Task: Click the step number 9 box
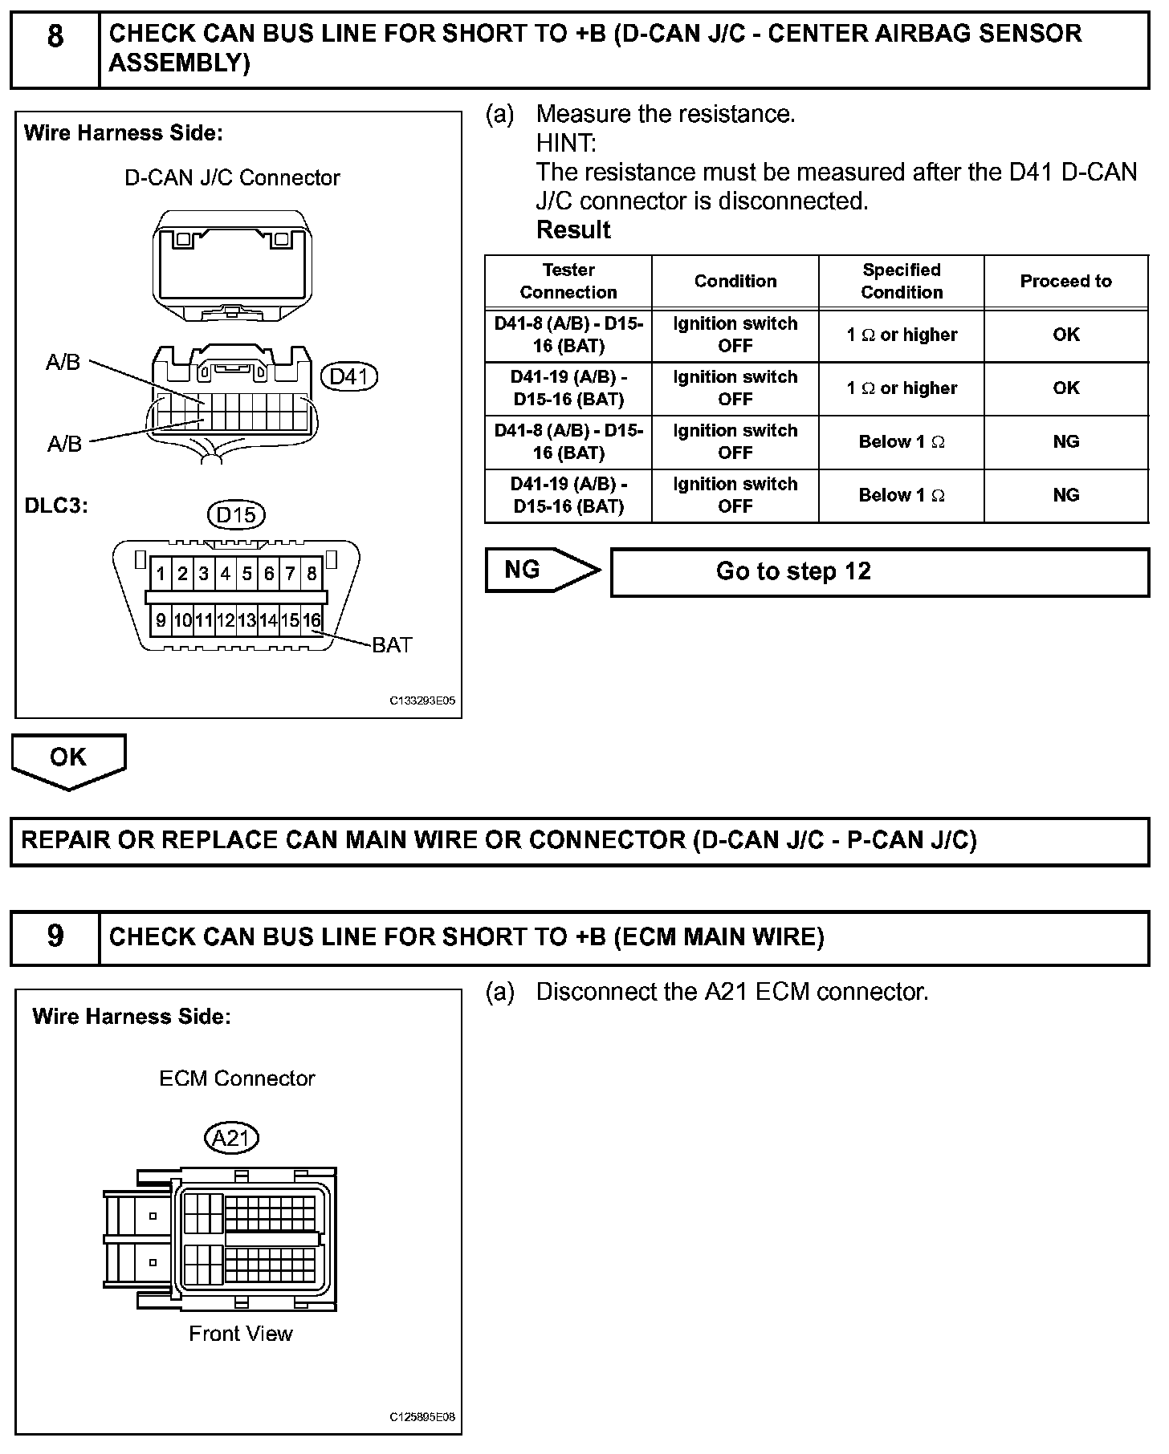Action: click(x=55, y=936)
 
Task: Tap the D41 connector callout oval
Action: click(x=348, y=376)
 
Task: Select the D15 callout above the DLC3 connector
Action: click(x=236, y=514)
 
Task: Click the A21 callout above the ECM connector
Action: click(x=232, y=1138)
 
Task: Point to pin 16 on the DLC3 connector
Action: click(x=312, y=620)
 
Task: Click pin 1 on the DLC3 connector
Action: click(x=161, y=574)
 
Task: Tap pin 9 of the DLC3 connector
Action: click(x=161, y=620)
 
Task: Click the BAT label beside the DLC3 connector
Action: click(x=392, y=645)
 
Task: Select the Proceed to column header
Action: click(x=1065, y=282)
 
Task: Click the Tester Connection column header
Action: click(x=568, y=282)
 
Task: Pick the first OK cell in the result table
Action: click(x=1065, y=335)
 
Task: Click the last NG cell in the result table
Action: click(x=1065, y=495)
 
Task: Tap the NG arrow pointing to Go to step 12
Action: click(x=542, y=571)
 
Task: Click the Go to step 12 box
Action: click(x=879, y=572)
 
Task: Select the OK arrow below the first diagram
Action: click(x=68, y=759)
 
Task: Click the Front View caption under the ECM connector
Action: click(x=240, y=1334)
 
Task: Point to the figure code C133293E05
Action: click(x=422, y=701)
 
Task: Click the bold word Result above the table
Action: click(x=573, y=230)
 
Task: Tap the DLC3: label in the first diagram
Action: click(x=56, y=506)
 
